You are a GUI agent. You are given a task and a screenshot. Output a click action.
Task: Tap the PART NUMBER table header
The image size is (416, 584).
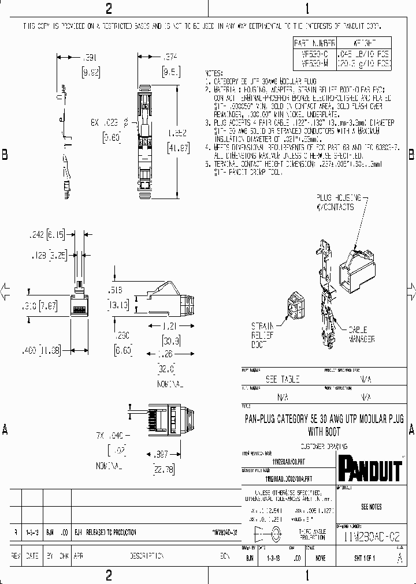coord(315,43)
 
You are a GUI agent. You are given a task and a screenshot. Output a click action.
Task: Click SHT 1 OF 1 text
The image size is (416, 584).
coord(365,558)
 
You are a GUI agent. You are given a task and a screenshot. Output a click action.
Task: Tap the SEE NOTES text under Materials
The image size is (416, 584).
coord(371,507)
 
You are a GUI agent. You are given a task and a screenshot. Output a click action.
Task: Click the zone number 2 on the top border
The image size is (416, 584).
coord(109,9)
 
